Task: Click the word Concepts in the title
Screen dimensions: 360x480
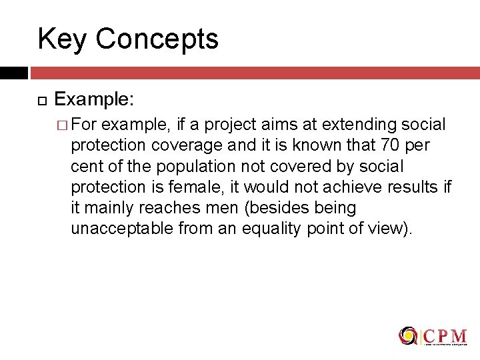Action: coord(157,39)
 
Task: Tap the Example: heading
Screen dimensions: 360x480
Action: coord(94,100)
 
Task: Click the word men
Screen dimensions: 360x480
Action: coord(225,208)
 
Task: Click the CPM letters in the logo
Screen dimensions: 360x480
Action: coord(445,335)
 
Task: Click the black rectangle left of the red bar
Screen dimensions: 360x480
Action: coord(13,73)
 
